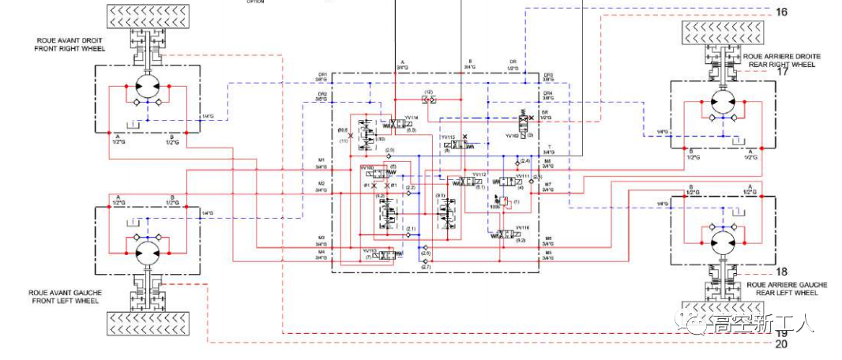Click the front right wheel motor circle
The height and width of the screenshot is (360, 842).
(147, 87)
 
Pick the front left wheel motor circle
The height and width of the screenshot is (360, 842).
(147, 252)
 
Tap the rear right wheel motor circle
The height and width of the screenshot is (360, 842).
(721, 103)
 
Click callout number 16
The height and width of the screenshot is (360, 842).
(782, 12)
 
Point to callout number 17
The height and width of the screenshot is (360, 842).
(783, 72)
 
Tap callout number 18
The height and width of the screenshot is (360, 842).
(782, 272)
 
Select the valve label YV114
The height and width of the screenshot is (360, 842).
(411, 118)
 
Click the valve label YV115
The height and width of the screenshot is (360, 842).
(451, 137)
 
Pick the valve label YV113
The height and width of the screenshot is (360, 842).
(369, 250)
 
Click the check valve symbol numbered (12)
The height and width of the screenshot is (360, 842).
(429, 99)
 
